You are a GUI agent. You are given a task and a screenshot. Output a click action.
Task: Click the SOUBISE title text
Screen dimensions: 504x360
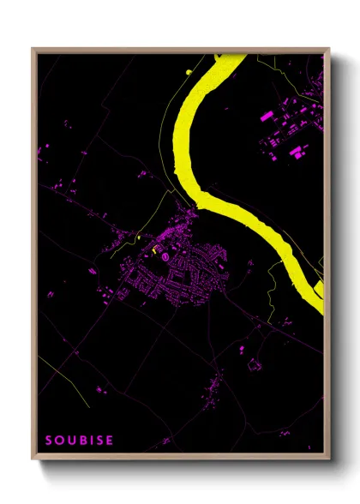pos(79,441)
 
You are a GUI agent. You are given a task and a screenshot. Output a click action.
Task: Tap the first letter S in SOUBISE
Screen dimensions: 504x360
pos(49,441)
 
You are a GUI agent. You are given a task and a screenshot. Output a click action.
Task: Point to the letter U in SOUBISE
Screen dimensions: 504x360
pos(71,441)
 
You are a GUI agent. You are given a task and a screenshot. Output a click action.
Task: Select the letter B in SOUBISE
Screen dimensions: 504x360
pos(83,441)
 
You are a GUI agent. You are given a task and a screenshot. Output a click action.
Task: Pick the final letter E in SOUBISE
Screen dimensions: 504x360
pos(109,441)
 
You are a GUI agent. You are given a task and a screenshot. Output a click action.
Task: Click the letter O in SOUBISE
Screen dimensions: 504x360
pos(59,441)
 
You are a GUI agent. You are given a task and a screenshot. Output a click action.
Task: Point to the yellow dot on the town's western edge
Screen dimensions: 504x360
pos(138,236)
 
